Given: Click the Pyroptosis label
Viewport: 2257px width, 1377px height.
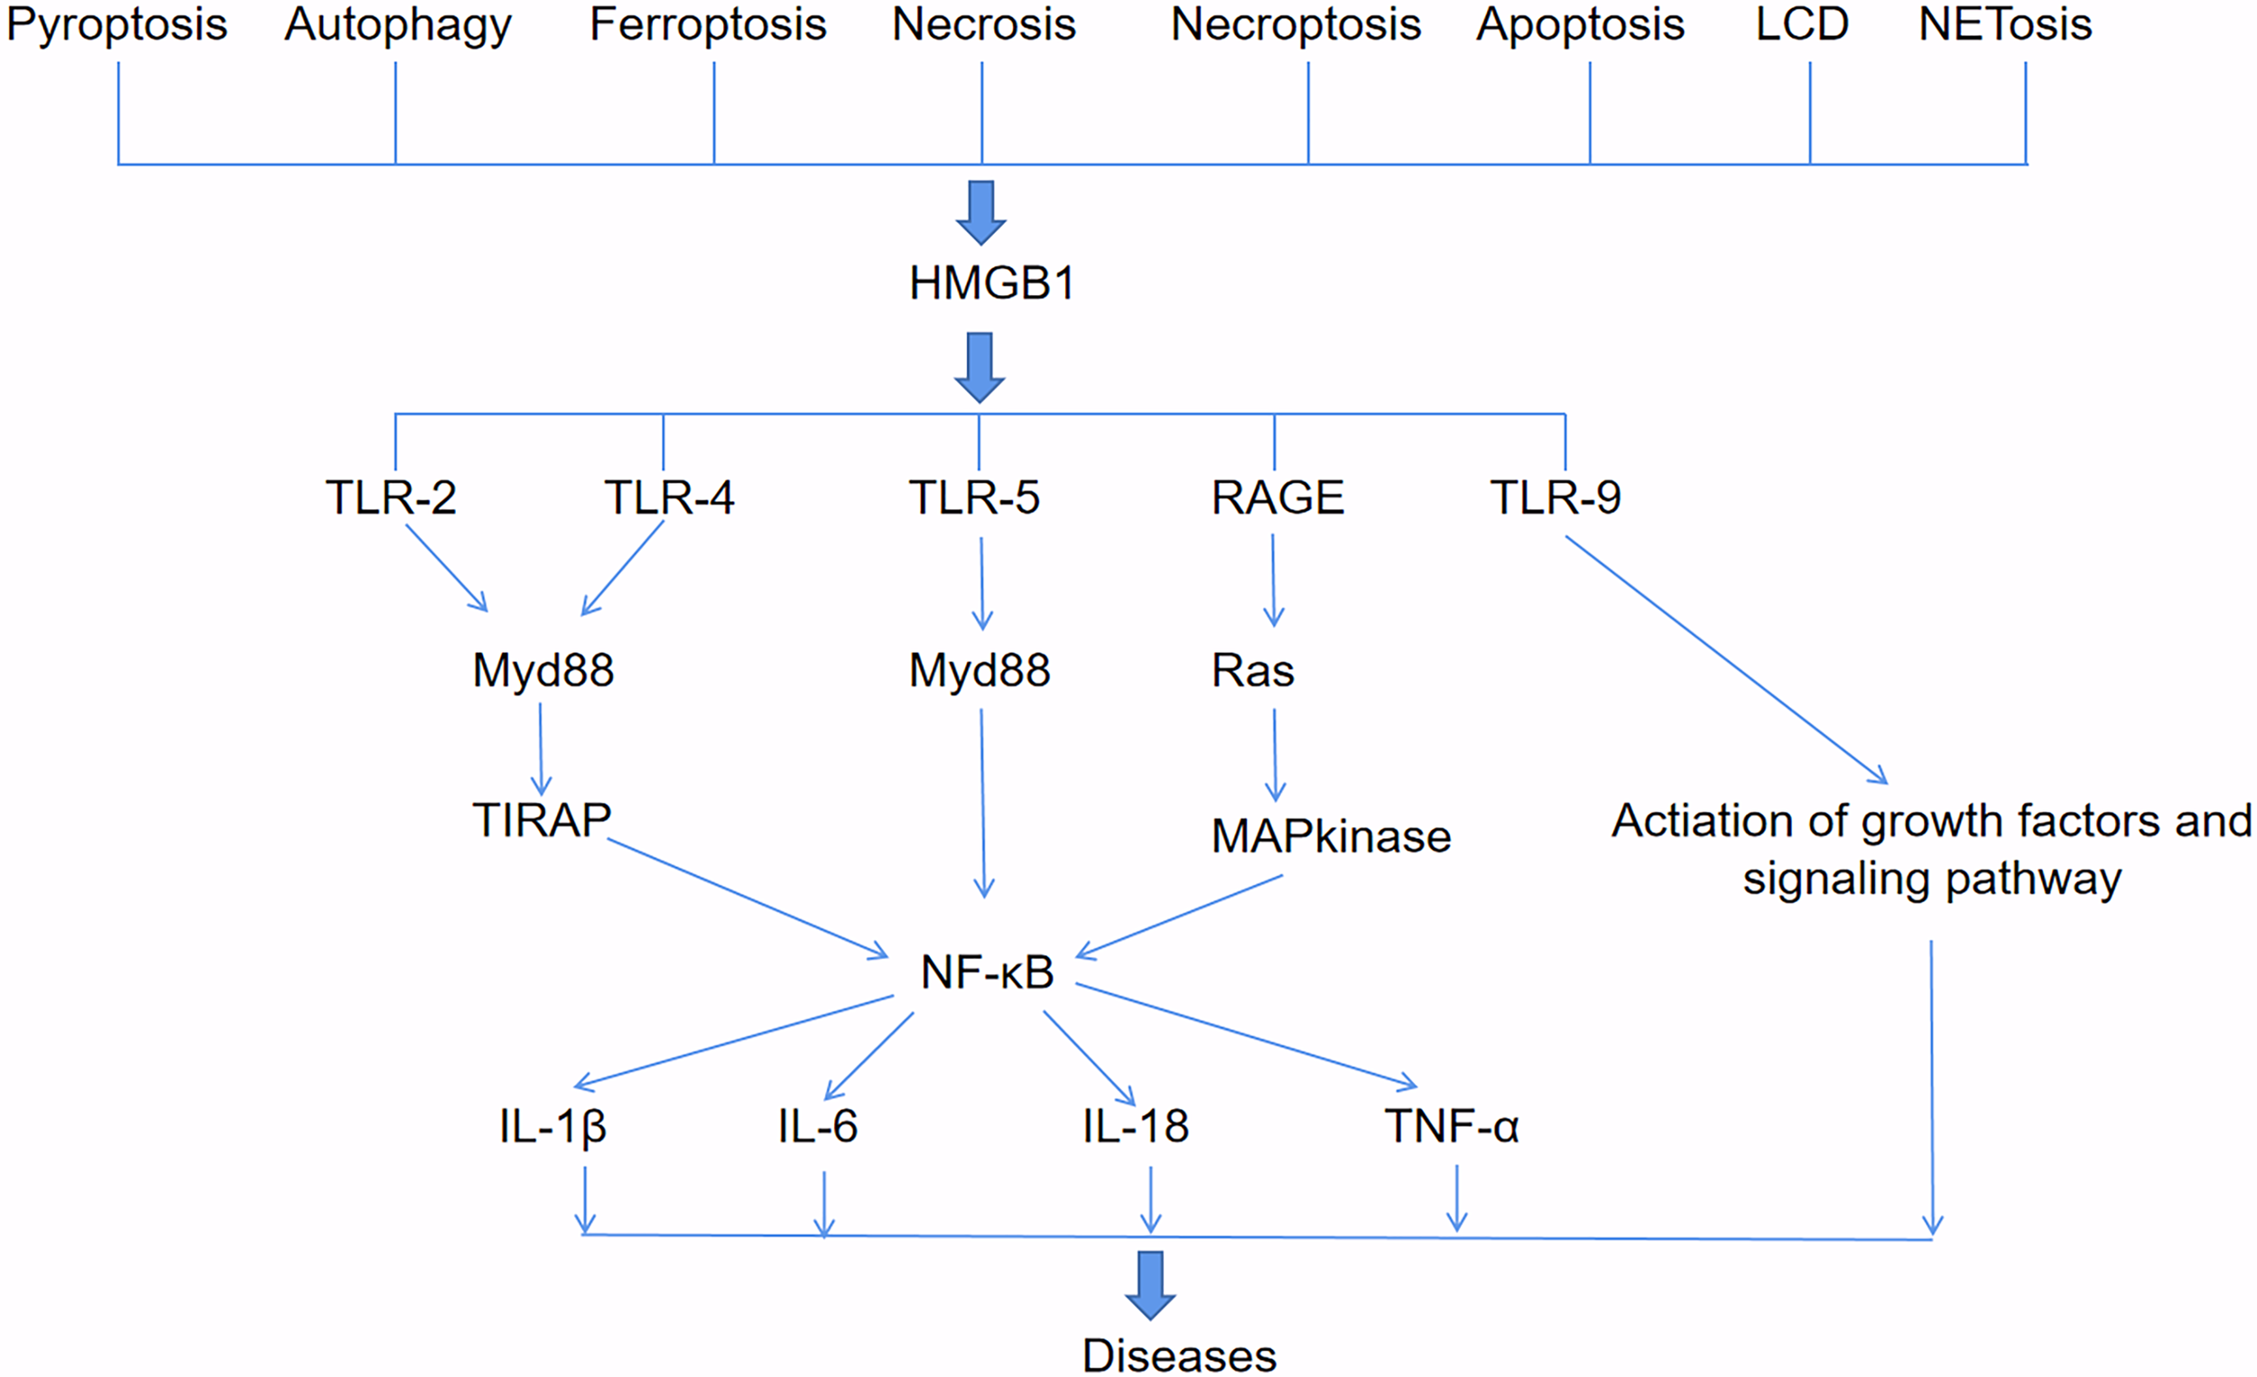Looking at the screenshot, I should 116,24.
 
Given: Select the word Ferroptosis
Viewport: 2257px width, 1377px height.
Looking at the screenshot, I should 707,24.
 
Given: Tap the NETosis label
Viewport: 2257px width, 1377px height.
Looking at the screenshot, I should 2004,24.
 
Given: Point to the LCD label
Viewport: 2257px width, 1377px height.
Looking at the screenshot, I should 1801,24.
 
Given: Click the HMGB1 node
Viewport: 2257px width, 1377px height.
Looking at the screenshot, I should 991,284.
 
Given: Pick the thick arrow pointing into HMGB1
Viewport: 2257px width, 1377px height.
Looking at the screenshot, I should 981,212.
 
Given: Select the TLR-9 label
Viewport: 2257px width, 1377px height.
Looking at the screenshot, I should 1555,498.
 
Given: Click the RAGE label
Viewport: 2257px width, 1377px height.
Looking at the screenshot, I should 1277,498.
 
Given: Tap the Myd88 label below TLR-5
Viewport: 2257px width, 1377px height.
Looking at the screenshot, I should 979,671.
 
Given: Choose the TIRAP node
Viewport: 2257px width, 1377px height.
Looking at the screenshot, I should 541,820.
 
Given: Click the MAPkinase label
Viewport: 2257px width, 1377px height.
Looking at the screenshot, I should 1330,836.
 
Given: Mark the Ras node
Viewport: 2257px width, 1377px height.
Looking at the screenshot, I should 1252,671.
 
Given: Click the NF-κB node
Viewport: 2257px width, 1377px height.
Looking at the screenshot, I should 987,972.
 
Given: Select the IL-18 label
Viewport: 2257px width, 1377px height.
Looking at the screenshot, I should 1135,1126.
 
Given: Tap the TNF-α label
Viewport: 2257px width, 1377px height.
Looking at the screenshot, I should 1451,1126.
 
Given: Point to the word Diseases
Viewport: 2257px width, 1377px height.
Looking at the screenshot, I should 1178,1355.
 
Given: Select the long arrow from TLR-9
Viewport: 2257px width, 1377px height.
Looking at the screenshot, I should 1727,660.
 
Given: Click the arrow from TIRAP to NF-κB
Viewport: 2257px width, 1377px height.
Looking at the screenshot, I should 747,898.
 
